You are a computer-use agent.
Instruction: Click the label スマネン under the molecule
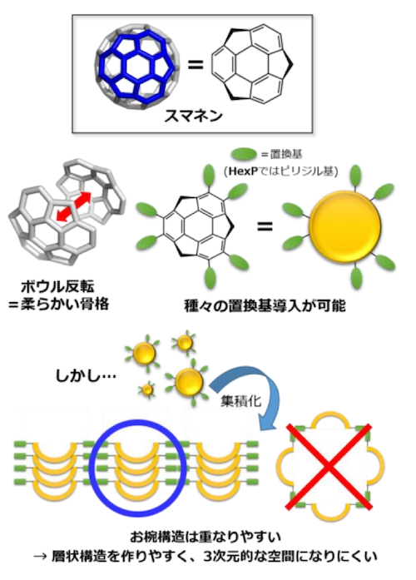[193, 116]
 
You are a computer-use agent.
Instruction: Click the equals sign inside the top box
[196, 65]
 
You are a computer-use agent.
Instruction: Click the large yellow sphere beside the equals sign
[344, 226]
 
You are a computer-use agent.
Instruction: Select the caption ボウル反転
[57, 287]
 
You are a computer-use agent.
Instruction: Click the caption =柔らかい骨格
[59, 305]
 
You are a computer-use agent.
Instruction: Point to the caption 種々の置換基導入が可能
[265, 306]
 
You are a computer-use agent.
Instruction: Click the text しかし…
[86, 376]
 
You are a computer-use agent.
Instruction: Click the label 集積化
[240, 401]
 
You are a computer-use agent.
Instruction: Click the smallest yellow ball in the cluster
[147, 389]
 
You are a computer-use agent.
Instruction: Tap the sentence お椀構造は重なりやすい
[206, 537]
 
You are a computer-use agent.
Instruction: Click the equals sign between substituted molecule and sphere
[265, 226]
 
